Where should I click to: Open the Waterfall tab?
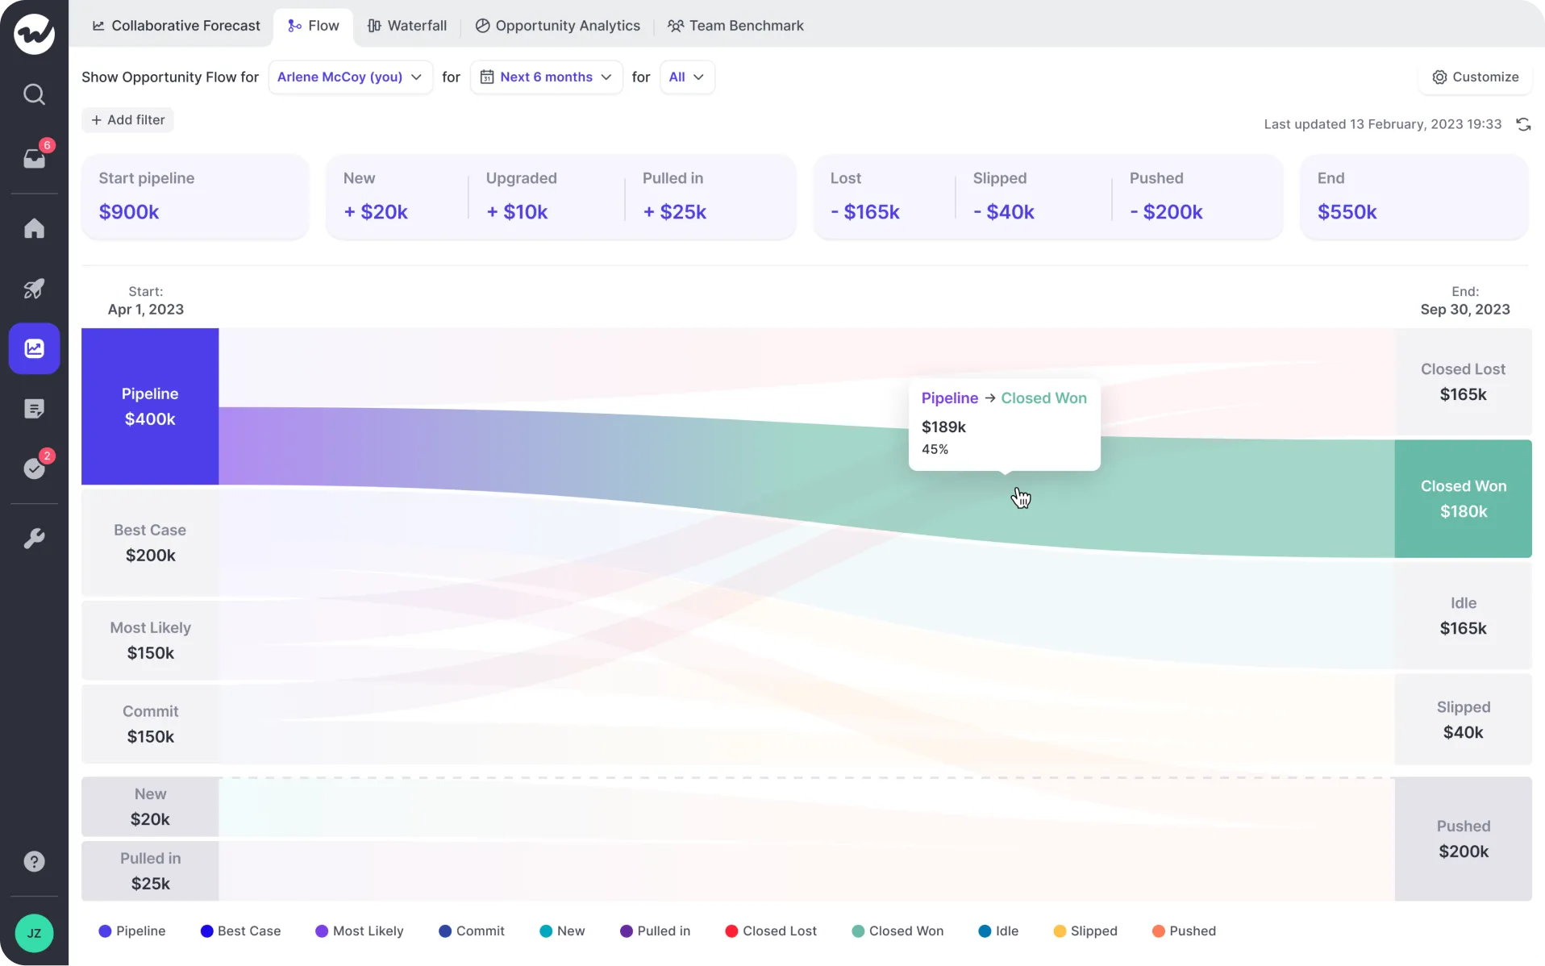click(x=407, y=26)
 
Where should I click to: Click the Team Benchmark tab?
click(x=735, y=26)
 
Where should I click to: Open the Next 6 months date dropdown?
click(x=546, y=77)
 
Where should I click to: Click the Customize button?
click(x=1475, y=77)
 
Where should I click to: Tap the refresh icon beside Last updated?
click(x=1523, y=124)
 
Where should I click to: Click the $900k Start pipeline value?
click(x=129, y=212)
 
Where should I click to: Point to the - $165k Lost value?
click(x=865, y=212)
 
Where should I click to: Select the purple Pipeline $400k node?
click(x=150, y=406)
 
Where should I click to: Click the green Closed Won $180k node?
click(x=1463, y=498)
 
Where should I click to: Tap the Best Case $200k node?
click(x=150, y=543)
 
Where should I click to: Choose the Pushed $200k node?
click(x=1463, y=839)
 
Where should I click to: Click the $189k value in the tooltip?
click(x=943, y=427)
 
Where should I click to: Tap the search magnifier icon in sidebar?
click(x=34, y=94)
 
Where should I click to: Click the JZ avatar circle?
click(x=34, y=933)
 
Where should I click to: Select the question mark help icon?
click(x=34, y=861)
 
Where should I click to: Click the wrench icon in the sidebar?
click(x=34, y=538)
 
